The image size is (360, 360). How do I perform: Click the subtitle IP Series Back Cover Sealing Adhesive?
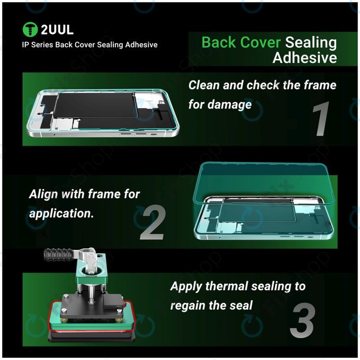pyautogui.click(x=89, y=44)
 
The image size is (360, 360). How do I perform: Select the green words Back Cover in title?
pyautogui.click(x=241, y=42)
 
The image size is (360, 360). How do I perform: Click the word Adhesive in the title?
pyautogui.click(x=304, y=57)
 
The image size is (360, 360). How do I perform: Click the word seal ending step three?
pyautogui.click(x=240, y=305)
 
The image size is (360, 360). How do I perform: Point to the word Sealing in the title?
pyautogui.click(x=311, y=42)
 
